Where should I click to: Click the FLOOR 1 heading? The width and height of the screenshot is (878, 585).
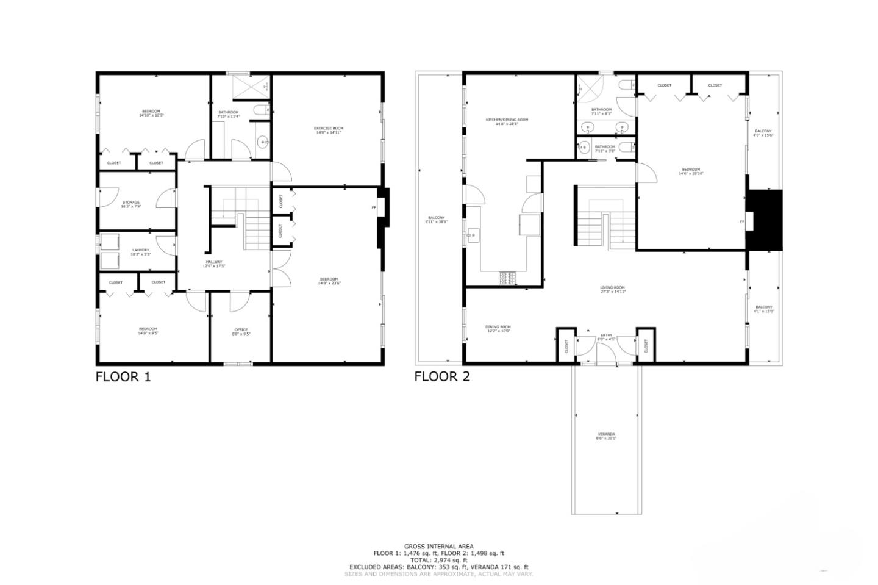click(x=123, y=376)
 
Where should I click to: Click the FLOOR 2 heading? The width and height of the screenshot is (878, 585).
click(x=442, y=376)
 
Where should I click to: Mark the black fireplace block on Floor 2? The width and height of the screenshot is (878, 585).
click(x=765, y=220)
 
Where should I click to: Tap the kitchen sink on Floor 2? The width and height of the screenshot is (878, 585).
click(x=472, y=234)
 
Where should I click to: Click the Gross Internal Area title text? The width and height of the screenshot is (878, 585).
click(x=438, y=547)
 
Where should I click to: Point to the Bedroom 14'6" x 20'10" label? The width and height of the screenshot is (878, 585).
click(x=690, y=171)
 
